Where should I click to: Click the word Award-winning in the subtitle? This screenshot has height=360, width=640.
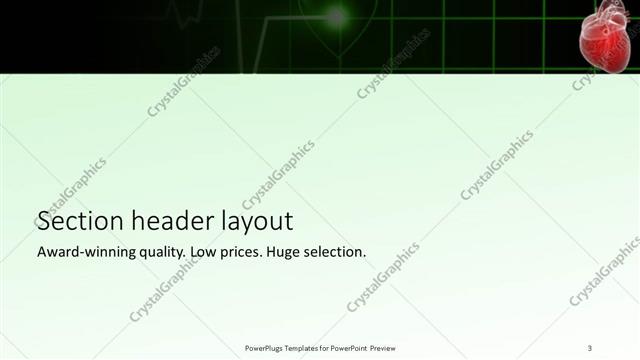tap(85, 252)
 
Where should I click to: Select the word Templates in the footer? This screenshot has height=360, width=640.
tap(303, 347)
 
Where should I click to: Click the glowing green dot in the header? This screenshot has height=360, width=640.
tap(336, 16)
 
